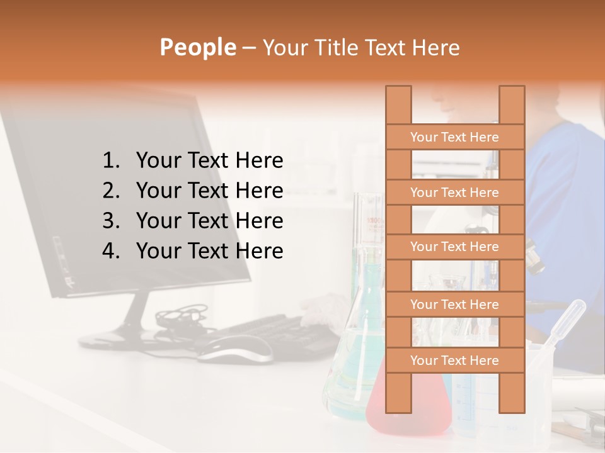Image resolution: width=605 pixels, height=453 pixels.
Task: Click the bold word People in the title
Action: point(197,47)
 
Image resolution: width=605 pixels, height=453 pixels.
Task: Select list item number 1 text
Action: point(209,160)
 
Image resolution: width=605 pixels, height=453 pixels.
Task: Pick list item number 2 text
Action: point(209,191)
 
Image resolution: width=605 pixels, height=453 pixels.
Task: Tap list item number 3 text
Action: point(209,221)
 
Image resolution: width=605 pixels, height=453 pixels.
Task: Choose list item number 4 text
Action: point(209,251)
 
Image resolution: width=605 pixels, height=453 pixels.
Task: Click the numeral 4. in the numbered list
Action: point(110,251)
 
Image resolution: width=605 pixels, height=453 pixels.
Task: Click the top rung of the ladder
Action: point(454,137)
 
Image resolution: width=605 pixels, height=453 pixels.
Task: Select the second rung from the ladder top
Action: point(454,193)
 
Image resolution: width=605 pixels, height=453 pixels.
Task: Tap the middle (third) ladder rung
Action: point(454,247)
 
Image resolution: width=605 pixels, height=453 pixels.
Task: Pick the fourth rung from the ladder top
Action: point(454,305)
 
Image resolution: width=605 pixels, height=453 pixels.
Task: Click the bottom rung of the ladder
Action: point(454,361)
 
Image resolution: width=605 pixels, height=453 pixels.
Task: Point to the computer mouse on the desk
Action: point(236,348)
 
